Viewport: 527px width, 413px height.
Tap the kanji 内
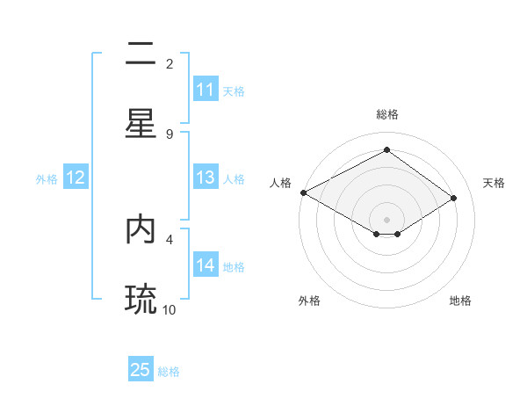click(141, 228)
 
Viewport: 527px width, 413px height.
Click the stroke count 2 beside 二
click(170, 64)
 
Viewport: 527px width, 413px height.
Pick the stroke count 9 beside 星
click(170, 134)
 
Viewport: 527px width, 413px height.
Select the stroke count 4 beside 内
click(170, 238)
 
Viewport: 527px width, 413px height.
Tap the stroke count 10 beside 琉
click(170, 308)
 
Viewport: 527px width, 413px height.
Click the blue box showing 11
click(206, 90)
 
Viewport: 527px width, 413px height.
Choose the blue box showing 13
click(206, 178)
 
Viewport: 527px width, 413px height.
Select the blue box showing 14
click(206, 265)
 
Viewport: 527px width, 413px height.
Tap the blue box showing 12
click(76, 178)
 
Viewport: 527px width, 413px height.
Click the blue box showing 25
click(141, 370)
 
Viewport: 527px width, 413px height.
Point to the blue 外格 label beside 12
click(47, 179)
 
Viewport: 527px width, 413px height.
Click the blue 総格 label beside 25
click(169, 372)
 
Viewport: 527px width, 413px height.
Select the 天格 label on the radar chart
click(494, 183)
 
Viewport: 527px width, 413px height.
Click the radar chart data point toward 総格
click(386, 150)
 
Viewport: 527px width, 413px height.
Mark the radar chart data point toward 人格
click(303, 192)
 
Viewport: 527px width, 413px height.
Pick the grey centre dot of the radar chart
click(386, 219)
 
